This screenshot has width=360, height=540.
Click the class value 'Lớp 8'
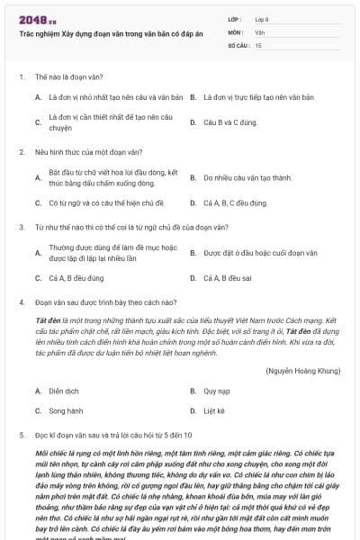coord(262,18)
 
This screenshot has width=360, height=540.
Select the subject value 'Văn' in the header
coord(260,31)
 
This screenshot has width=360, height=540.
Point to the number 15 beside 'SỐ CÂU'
coord(259,44)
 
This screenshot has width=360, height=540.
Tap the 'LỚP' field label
coord(235,18)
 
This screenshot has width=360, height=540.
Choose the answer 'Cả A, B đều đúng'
coord(76,278)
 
